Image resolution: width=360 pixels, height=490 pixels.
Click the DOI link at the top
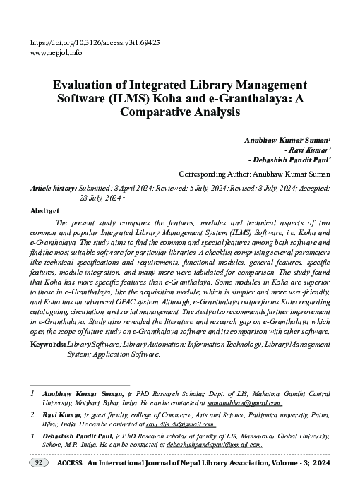click(x=95, y=42)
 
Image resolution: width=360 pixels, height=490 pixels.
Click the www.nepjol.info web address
click(x=57, y=52)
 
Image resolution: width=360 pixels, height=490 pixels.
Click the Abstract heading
click(x=44, y=210)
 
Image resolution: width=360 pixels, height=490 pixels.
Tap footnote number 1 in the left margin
click(x=32, y=390)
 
